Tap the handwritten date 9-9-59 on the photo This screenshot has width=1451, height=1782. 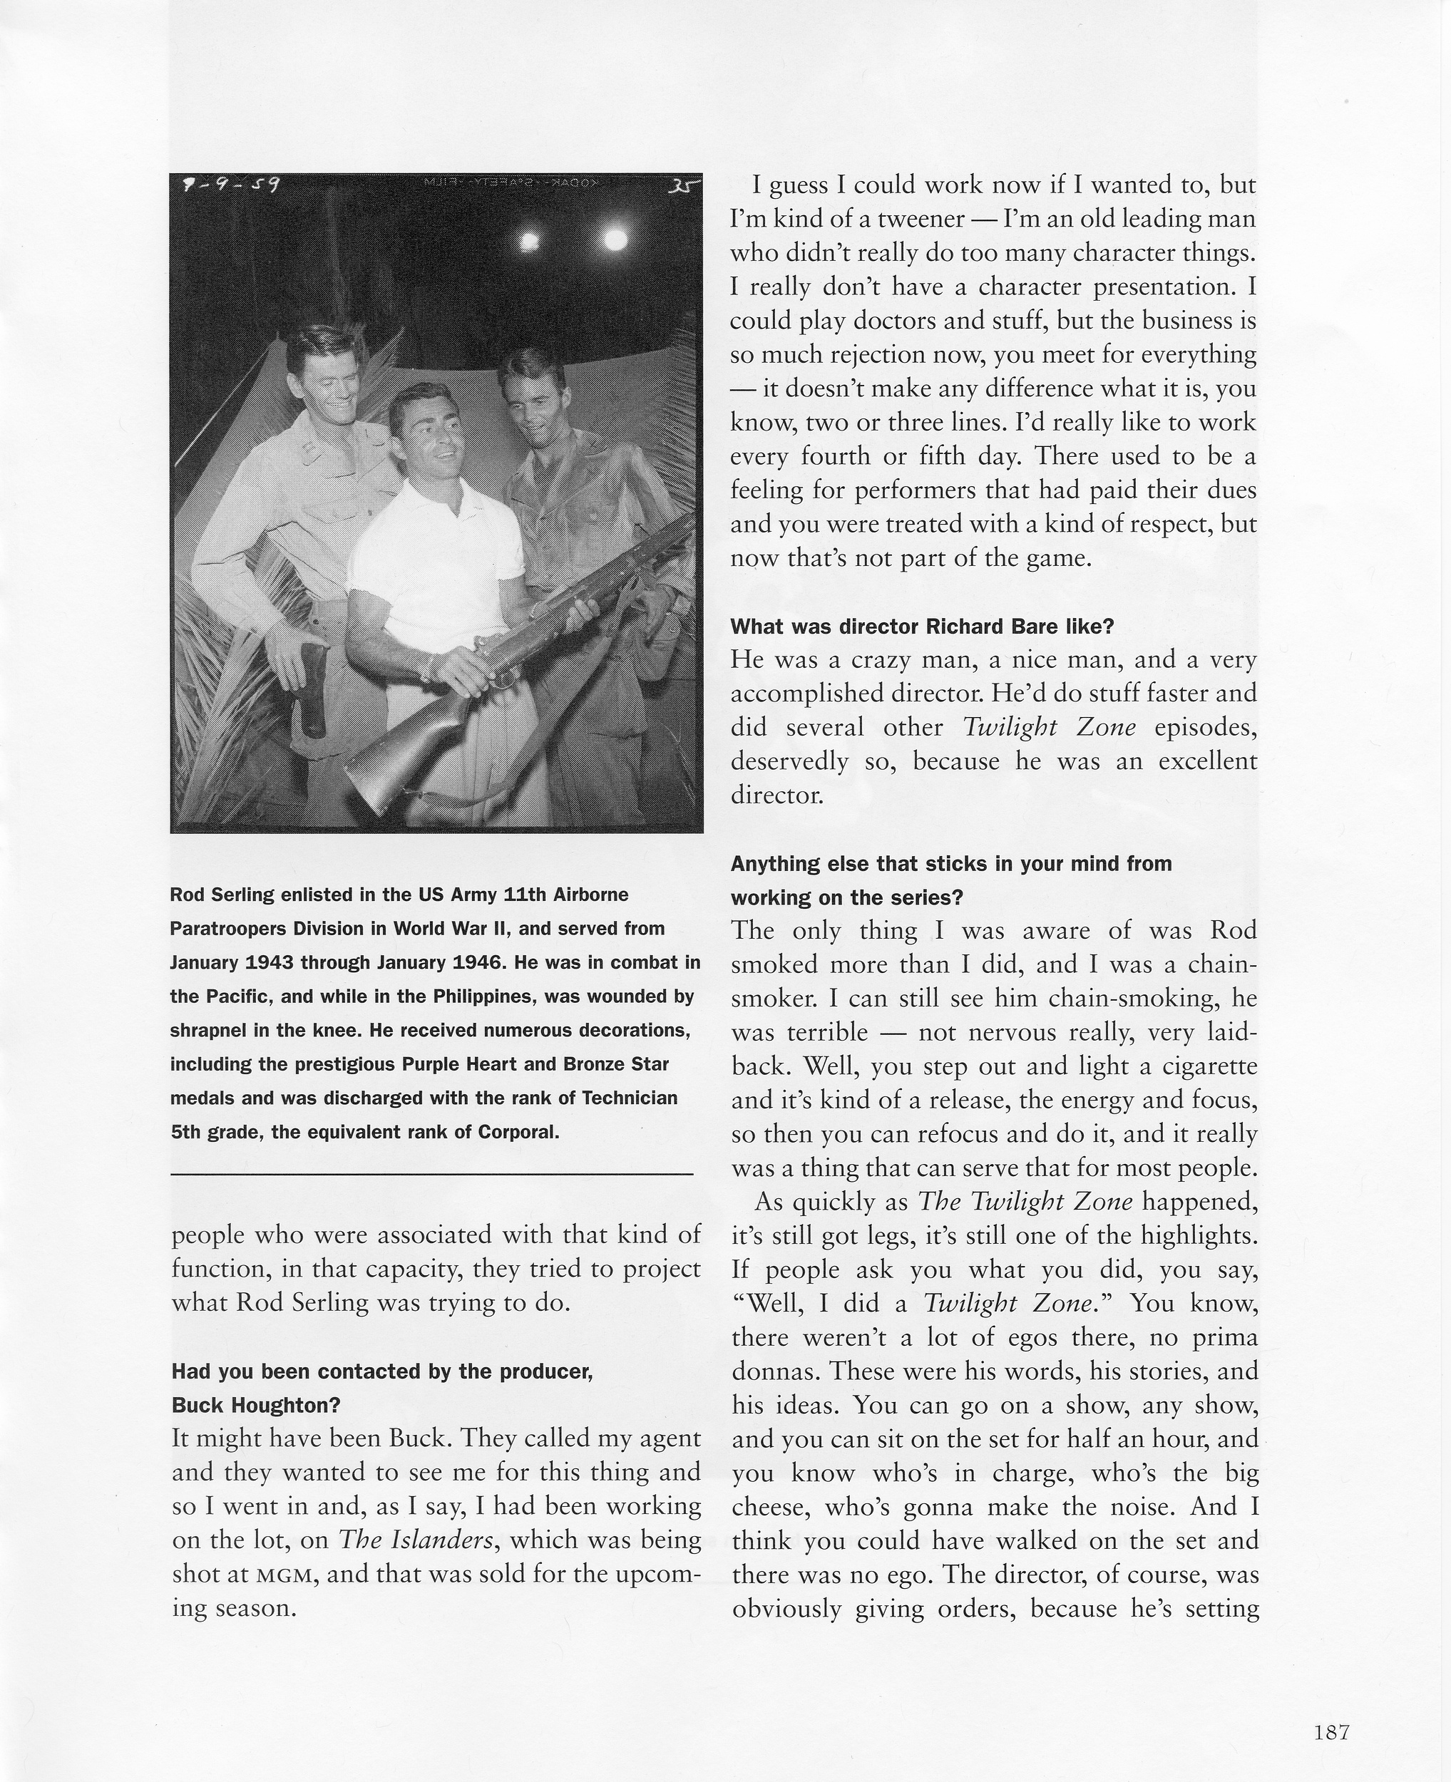[x=231, y=185]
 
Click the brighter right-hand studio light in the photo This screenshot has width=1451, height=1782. [x=615, y=240]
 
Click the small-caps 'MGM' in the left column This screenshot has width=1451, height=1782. [x=287, y=1575]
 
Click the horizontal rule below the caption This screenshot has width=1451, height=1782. [x=431, y=1175]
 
